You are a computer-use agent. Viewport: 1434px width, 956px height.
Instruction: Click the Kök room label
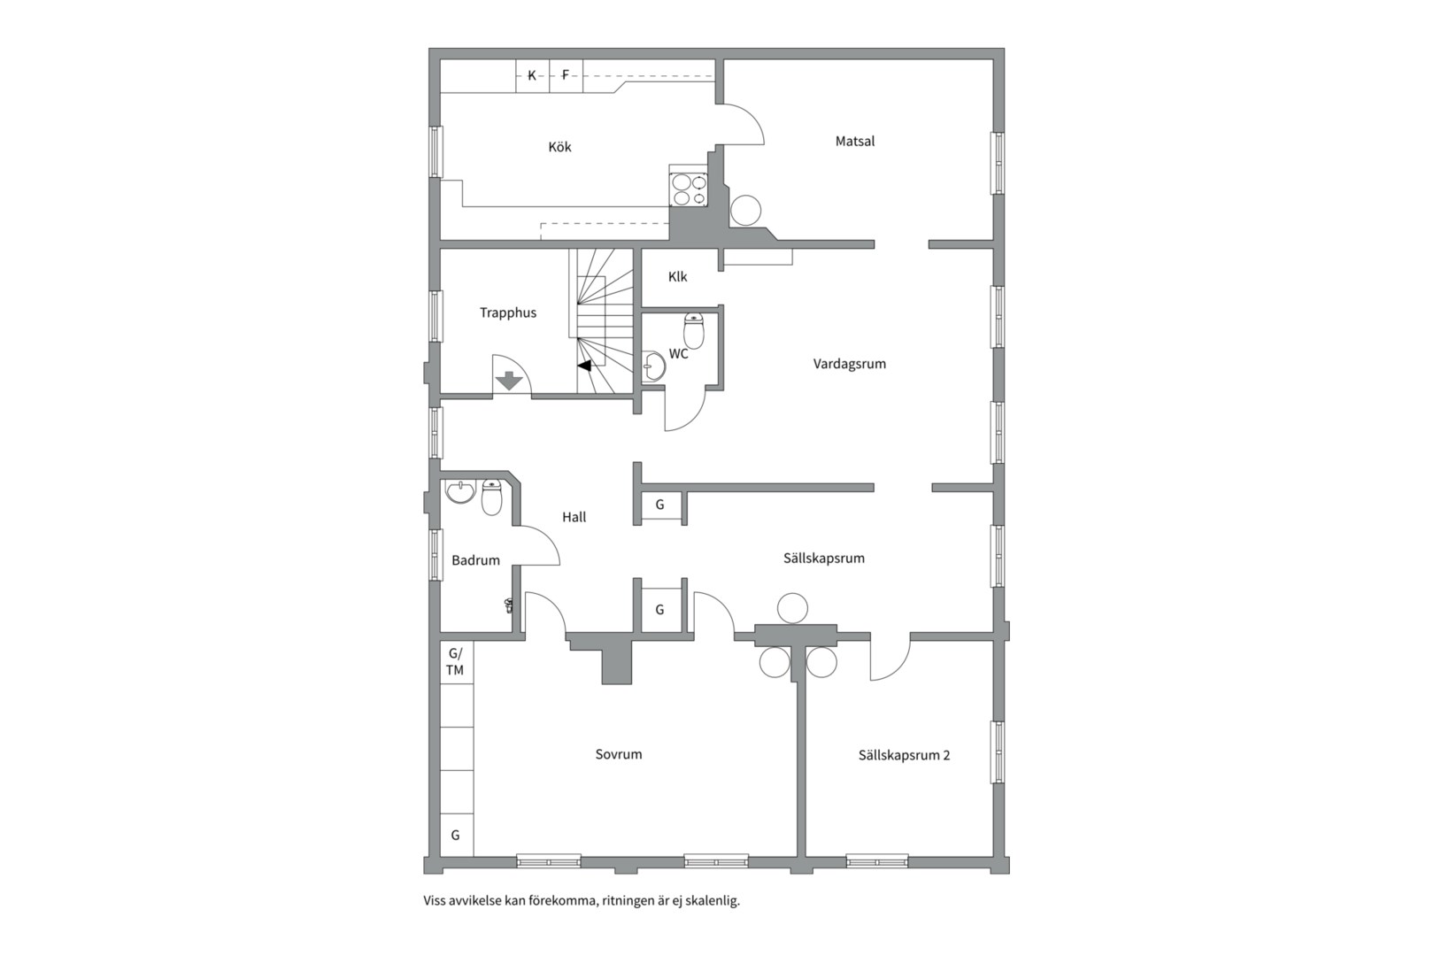559,147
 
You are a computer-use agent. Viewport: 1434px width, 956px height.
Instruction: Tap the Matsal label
854,141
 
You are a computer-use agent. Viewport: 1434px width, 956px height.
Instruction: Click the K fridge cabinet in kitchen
532,75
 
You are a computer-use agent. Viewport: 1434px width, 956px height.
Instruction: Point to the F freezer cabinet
566,75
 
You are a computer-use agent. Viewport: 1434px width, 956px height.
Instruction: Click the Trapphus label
508,312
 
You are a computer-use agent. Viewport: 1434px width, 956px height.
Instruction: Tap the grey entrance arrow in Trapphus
509,381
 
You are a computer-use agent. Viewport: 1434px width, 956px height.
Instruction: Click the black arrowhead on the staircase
584,365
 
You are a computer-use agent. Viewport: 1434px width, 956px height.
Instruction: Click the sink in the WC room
653,366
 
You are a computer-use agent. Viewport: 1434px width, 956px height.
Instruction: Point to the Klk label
677,276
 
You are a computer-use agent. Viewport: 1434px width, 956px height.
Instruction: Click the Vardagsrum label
849,363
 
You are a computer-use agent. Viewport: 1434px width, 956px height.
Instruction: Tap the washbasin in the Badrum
459,491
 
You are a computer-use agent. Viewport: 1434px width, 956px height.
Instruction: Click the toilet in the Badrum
491,497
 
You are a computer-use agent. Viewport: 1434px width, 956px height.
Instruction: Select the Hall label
574,517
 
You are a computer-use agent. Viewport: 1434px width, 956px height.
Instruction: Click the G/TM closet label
455,661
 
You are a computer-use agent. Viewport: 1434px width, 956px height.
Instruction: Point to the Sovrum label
618,754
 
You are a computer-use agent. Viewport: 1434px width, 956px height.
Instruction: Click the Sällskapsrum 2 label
904,755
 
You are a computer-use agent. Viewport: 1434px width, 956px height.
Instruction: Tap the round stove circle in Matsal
745,211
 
